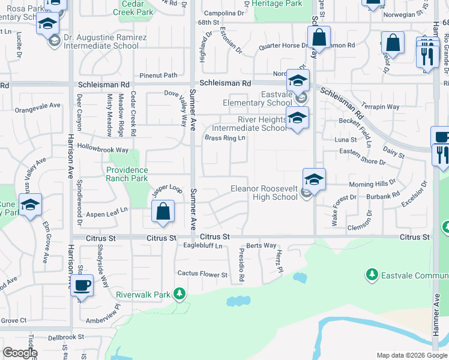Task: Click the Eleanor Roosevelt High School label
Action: pyautogui.click(x=264, y=193)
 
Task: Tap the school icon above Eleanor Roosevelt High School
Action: pyautogui.click(x=314, y=179)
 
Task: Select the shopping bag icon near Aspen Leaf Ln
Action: pyautogui.click(x=163, y=211)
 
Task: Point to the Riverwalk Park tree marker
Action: pyautogui.click(x=179, y=293)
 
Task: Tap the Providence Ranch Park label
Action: pyautogui.click(x=127, y=174)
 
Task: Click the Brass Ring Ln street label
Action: pyautogui.click(x=225, y=138)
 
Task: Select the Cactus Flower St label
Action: pyautogui.click(x=202, y=274)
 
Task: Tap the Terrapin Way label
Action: pyautogui.click(x=385, y=107)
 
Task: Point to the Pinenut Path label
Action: pyautogui.click(x=158, y=75)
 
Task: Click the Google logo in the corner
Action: pyautogui.click(x=20, y=353)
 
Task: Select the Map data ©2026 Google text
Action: pyautogui.click(x=411, y=355)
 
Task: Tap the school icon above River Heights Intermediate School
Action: pyautogui.click(x=297, y=117)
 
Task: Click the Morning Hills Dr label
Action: pyautogui.click(x=372, y=182)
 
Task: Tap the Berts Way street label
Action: pyautogui.click(x=261, y=245)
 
